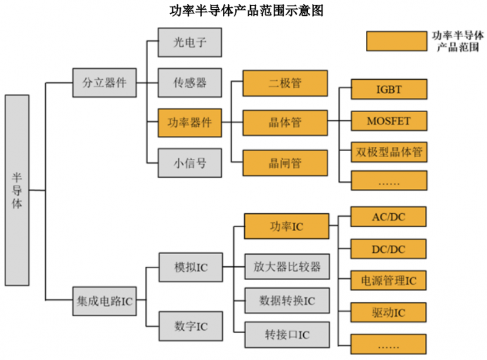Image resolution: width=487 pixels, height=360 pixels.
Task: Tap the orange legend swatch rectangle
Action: click(396, 41)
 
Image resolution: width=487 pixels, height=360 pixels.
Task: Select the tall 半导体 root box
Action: click(17, 190)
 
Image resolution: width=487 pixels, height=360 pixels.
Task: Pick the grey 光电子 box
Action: click(189, 43)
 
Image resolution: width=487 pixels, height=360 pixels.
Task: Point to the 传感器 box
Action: click(189, 83)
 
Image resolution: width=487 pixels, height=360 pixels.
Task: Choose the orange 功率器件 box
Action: click(189, 122)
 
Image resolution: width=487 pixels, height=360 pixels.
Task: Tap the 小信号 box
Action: click(189, 163)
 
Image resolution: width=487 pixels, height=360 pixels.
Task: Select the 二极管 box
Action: click(285, 83)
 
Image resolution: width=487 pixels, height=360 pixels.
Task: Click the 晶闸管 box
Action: click(285, 163)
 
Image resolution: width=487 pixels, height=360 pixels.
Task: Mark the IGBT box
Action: click(388, 90)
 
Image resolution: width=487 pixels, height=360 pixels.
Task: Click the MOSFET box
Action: click(388, 121)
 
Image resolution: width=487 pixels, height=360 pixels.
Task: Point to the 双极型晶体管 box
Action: click(388, 152)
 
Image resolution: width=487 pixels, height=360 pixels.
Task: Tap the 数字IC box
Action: click(189, 326)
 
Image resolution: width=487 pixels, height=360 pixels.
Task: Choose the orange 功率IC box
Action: click(286, 227)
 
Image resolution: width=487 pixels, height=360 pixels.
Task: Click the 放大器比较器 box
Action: click(286, 267)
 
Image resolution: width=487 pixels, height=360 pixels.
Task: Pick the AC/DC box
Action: click(388, 217)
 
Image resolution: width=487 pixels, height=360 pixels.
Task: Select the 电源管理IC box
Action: click(388, 281)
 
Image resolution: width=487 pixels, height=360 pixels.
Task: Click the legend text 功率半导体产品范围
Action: click(458, 41)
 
